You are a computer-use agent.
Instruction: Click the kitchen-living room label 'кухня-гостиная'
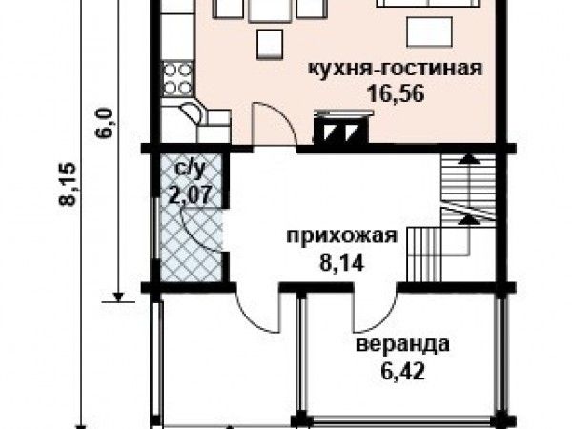coord(396,69)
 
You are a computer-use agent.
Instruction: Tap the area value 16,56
coord(396,93)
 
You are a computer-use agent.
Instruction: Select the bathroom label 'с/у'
coord(191,169)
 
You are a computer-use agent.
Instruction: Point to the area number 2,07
coord(190,194)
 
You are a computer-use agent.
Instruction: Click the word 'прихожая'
coord(341,236)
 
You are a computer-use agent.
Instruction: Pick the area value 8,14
coord(342,263)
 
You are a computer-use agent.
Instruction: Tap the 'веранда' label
coord(402,344)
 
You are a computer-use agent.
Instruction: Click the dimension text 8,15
coord(68,184)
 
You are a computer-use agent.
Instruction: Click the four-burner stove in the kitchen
coord(177,79)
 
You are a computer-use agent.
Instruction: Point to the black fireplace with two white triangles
coord(341,130)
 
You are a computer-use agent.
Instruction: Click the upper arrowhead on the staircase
coord(468,158)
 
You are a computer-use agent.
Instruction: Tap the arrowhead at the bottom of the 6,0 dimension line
coord(118,296)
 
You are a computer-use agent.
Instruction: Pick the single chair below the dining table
coord(270,44)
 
